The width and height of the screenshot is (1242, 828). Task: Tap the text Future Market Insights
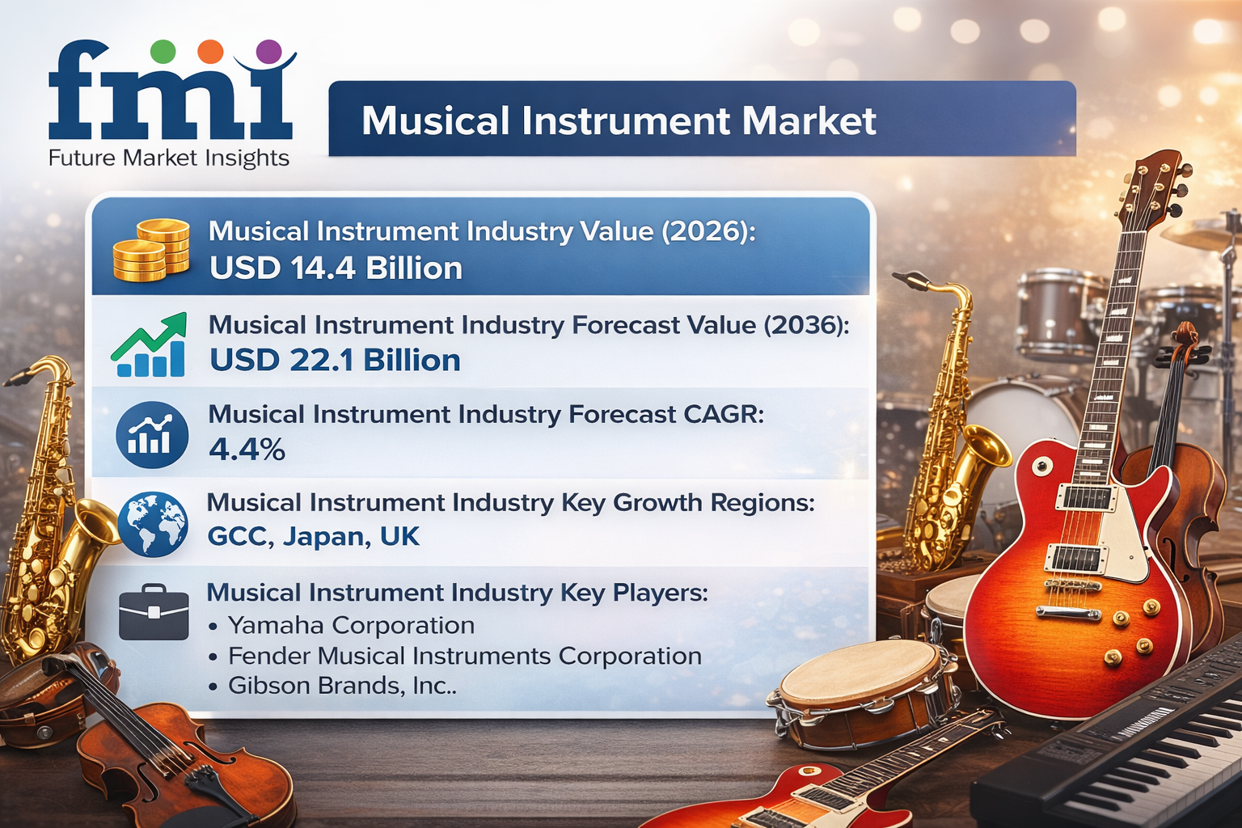point(168,158)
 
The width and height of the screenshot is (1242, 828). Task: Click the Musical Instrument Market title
point(619,121)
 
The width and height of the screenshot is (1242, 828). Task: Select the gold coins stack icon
point(151,250)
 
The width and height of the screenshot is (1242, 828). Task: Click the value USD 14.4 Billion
point(336,268)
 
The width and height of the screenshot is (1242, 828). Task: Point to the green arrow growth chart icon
point(150,345)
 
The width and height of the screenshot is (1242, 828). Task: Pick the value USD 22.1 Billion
point(335,361)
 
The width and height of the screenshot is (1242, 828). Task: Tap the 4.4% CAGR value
point(247,450)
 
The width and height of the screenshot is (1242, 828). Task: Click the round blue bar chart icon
point(152,435)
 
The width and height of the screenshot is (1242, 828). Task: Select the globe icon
point(152,524)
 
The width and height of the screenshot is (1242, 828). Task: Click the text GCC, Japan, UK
point(314,536)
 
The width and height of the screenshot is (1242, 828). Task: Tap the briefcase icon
point(154,612)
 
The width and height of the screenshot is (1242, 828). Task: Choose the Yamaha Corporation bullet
point(351,625)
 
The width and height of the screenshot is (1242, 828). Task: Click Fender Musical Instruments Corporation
point(465,656)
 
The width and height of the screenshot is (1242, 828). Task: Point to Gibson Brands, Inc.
point(342,686)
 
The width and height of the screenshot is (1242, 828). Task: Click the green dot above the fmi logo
point(163,52)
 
